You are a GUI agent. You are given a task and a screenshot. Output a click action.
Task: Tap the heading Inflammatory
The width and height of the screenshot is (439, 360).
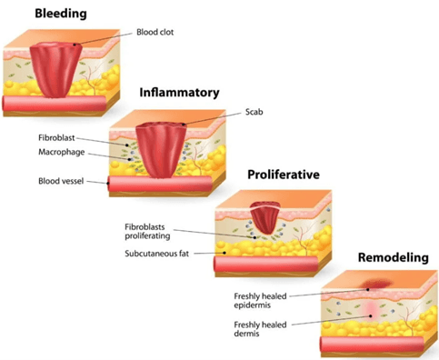pos(179,93)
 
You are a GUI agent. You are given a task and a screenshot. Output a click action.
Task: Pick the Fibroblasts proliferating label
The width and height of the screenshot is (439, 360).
pos(150,230)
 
